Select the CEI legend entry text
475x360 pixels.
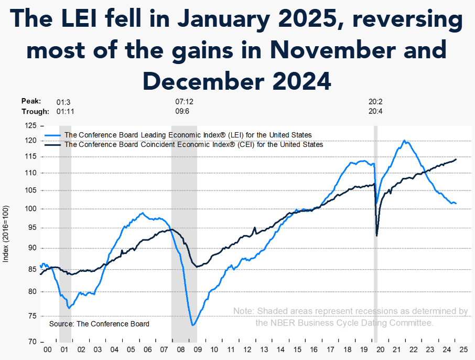click(193, 144)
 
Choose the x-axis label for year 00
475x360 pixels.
click(48, 349)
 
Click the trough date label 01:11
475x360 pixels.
click(65, 111)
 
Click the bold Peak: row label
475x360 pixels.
click(31, 101)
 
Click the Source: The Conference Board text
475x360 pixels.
click(99, 324)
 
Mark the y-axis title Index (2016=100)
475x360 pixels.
click(6, 234)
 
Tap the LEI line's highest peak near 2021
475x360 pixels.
click(404, 140)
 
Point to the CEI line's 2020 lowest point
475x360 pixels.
click(377, 236)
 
